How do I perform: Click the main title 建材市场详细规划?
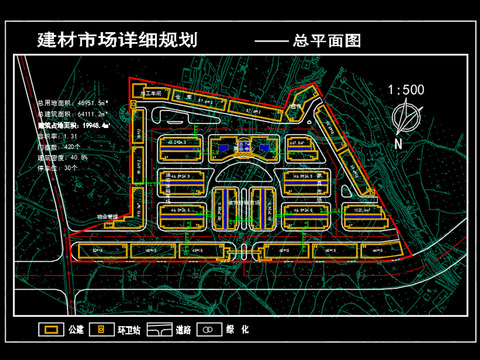[117, 41]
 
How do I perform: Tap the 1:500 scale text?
[406, 90]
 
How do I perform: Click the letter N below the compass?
[399, 143]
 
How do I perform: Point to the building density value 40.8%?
[78, 157]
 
